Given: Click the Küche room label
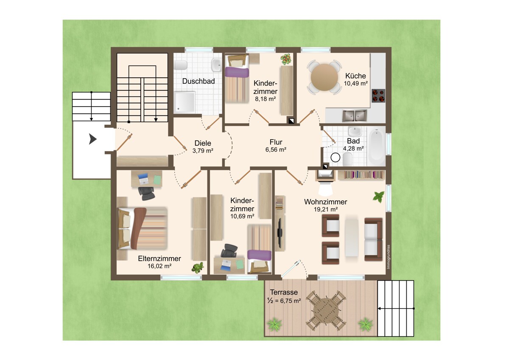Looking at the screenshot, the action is [x=355, y=76].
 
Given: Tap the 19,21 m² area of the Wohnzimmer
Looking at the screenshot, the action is [x=326, y=209].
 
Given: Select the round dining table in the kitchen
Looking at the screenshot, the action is [x=324, y=77].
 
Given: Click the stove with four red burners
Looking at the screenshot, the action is [x=378, y=96].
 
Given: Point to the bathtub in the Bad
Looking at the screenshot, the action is [x=376, y=146].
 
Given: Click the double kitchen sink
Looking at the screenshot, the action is [x=355, y=115].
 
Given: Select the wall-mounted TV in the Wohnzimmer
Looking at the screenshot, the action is [x=280, y=233].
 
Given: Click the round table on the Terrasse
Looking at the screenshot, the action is [x=326, y=310].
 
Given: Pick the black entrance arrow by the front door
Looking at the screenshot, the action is [x=93, y=139].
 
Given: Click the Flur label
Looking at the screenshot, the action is [x=276, y=142].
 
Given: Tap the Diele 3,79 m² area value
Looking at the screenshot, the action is [x=203, y=151].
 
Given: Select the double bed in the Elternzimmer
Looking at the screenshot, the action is [x=142, y=228].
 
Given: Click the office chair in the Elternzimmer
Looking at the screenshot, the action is [x=146, y=193].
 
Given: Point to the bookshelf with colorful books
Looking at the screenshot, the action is [x=361, y=175].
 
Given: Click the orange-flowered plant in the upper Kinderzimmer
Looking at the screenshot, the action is [x=286, y=59].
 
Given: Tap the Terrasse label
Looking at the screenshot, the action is [x=284, y=292].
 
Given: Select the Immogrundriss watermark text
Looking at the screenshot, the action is [x=389, y=257].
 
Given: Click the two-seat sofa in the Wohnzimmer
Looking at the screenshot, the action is [x=373, y=239].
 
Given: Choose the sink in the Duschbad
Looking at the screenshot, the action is [x=216, y=65].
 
